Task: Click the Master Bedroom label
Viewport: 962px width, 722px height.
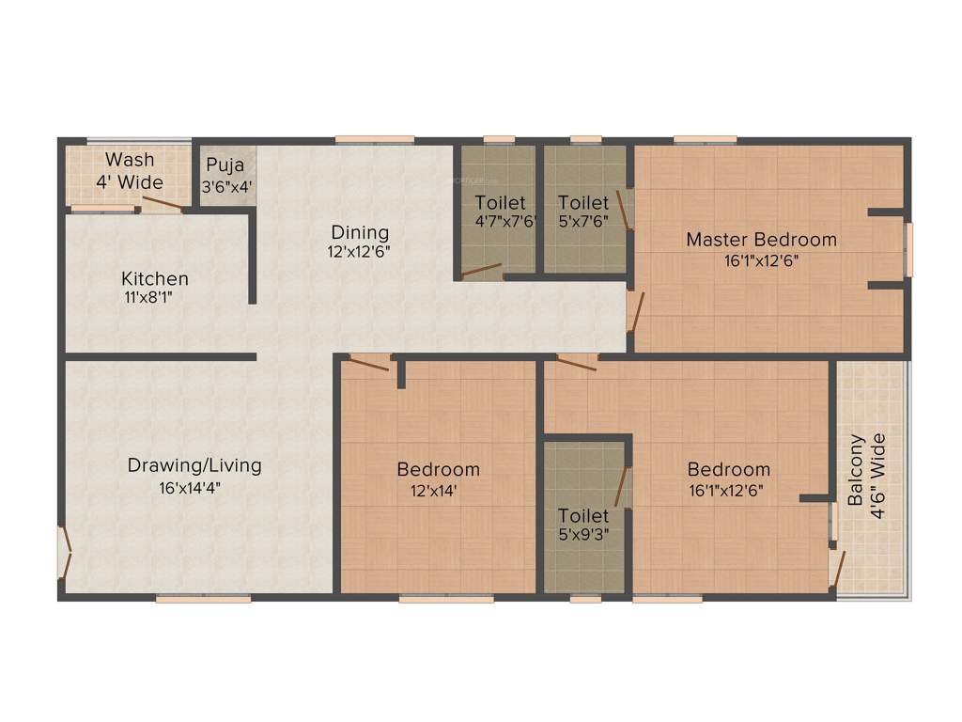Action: pos(761,239)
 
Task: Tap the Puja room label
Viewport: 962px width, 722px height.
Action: pos(225,164)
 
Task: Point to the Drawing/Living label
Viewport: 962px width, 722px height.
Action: pos(194,465)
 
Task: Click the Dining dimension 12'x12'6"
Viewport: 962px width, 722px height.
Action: pos(359,252)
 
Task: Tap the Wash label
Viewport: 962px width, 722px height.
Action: pos(130,159)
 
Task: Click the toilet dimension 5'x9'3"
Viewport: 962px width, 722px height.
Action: pos(583,535)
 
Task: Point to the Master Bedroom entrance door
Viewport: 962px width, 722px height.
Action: pos(637,311)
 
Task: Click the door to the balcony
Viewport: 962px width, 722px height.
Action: pos(837,567)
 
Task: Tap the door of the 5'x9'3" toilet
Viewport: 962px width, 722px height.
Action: pos(621,486)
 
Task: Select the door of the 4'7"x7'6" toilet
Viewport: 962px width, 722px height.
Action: pos(482,272)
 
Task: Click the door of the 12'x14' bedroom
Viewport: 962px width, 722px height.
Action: pos(369,363)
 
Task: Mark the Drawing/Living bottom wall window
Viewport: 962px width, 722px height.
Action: pos(203,598)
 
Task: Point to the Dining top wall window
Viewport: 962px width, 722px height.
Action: pos(375,140)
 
